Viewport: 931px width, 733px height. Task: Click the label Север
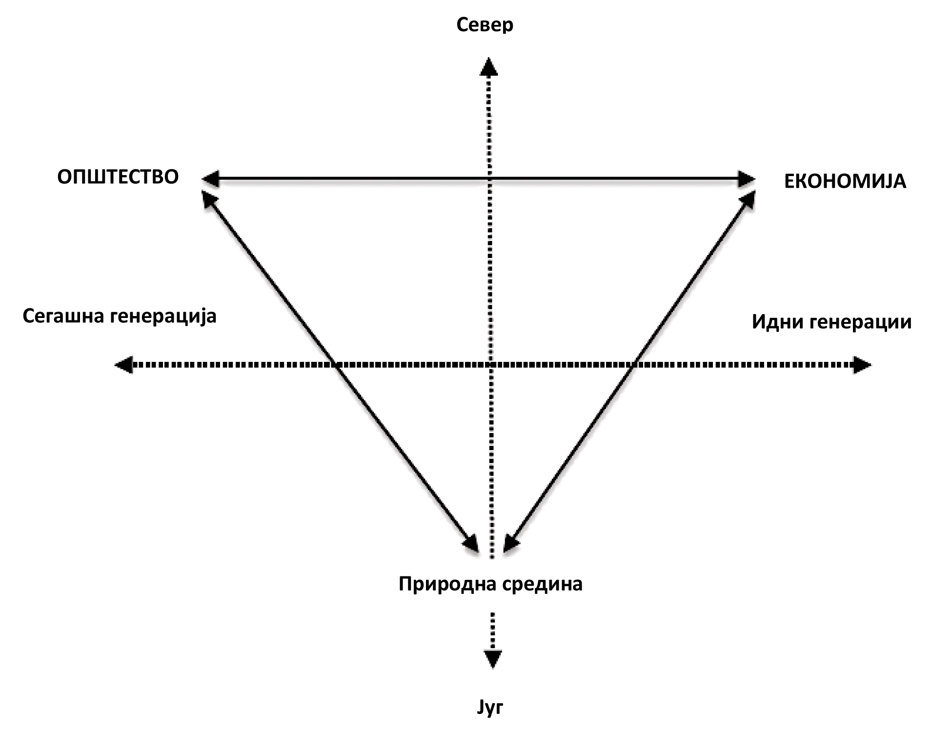point(485,25)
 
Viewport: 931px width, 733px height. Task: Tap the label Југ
point(490,707)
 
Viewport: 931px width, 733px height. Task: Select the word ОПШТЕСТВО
point(118,177)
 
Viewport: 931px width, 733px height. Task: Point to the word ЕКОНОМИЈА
point(845,181)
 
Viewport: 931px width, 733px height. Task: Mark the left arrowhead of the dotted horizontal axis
point(124,364)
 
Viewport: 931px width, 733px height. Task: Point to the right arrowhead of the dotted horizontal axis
point(862,365)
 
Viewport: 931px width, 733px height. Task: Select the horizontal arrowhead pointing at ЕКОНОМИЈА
point(747,179)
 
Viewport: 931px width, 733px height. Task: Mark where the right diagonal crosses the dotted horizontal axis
point(632,364)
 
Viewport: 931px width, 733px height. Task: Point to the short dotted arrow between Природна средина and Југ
point(492,639)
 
